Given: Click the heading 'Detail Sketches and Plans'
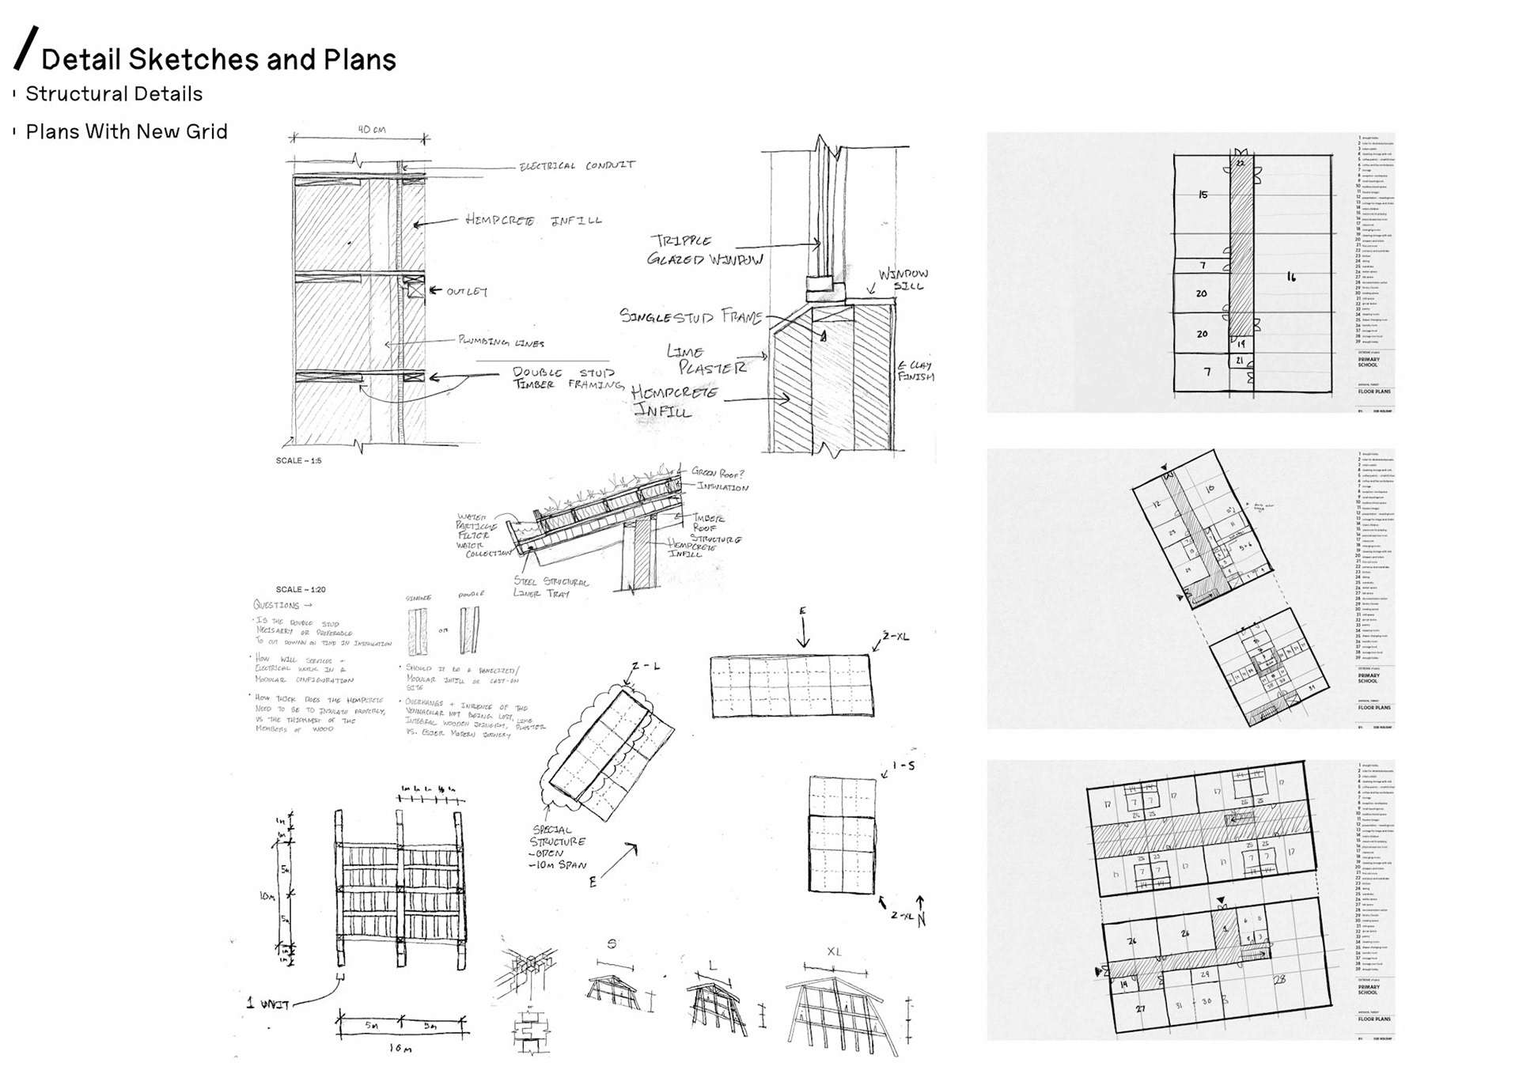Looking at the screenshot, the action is pyautogui.click(x=218, y=59).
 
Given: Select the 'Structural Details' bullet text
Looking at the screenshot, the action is pyautogui.click(x=114, y=94).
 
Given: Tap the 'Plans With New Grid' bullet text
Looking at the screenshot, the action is pyautogui.click(x=127, y=131).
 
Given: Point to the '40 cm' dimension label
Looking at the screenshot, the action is pyautogui.click(x=371, y=129).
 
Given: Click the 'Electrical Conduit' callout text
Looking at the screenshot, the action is pyautogui.click(x=577, y=165).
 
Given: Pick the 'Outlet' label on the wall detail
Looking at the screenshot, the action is pyautogui.click(x=467, y=292).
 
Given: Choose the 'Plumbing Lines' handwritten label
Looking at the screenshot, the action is pyautogui.click(x=502, y=342).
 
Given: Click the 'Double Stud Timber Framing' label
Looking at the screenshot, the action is pyautogui.click(x=565, y=378).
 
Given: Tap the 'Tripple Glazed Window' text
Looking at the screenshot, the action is pyautogui.click(x=703, y=250).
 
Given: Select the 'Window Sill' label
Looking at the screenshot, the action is pyautogui.click(x=903, y=280).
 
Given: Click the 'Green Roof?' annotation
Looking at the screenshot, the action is pyautogui.click(x=718, y=472).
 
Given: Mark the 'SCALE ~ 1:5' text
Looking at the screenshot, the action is pyautogui.click(x=298, y=460).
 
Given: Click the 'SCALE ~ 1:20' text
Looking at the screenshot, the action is pyautogui.click(x=301, y=589).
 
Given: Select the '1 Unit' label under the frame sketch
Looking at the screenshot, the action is pyautogui.click(x=267, y=1004).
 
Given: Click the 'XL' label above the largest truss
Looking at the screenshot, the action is pyautogui.click(x=834, y=951).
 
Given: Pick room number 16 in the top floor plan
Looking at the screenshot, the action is pyautogui.click(x=1291, y=277).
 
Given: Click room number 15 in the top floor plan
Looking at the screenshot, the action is pyautogui.click(x=1203, y=195).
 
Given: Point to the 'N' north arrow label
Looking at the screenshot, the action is pyautogui.click(x=921, y=921).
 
